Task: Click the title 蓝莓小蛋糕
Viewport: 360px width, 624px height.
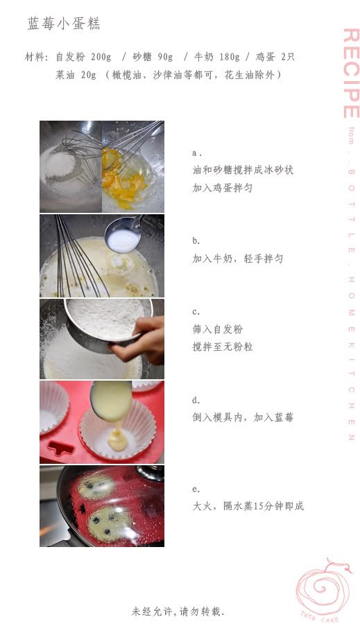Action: point(63,24)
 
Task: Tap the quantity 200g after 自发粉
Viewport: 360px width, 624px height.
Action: point(101,57)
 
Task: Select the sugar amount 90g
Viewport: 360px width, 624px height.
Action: point(165,57)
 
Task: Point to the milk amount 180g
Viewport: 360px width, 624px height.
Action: point(230,57)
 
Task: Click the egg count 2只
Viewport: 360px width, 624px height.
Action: point(288,57)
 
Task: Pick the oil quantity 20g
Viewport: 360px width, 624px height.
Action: point(88,75)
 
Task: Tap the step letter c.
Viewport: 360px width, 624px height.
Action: point(196,311)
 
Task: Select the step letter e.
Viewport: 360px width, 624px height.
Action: point(196,489)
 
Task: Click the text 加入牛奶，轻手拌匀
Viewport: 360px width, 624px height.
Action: point(238,259)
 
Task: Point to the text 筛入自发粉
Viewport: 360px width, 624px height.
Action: point(217,329)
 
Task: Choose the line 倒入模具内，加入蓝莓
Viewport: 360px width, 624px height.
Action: point(243,417)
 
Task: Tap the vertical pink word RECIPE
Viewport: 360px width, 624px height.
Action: point(351,73)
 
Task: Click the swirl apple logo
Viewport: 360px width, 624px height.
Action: point(323,589)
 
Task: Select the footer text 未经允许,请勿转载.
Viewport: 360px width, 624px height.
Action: point(178,611)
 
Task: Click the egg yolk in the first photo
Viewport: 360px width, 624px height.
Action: point(119,175)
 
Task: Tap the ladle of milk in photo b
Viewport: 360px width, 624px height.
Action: point(123,235)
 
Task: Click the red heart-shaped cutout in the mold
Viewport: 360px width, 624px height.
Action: point(60,448)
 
